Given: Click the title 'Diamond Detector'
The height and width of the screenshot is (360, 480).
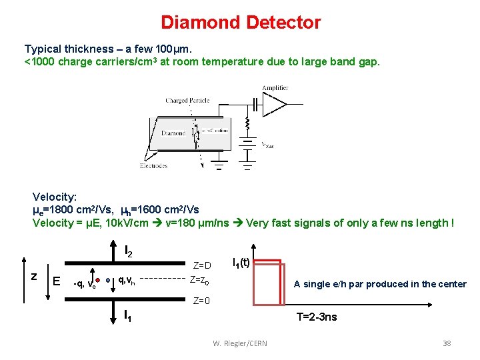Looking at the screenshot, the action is tap(241, 23).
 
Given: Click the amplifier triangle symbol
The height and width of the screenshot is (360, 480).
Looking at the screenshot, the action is tap(275, 104).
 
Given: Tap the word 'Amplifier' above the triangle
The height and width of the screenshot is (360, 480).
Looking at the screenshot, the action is tap(275, 88).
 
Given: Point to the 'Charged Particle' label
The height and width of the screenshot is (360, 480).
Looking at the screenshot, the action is tap(187, 101).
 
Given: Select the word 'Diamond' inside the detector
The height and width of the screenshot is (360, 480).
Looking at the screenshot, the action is tap(173, 133).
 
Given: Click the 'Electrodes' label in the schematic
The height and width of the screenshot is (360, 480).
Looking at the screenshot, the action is tap(154, 165).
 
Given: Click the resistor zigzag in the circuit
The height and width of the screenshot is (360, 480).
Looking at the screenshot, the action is tap(247, 124).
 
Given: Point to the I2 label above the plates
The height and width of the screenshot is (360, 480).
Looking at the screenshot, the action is tap(129, 252).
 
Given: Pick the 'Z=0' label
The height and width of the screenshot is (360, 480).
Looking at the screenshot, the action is tap(201, 301).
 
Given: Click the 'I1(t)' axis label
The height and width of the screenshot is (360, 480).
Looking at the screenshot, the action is tap(241, 263).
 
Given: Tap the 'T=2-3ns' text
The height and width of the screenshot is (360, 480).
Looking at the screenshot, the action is tap(317, 317).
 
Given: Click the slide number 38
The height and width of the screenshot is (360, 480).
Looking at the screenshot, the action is tap(447, 343).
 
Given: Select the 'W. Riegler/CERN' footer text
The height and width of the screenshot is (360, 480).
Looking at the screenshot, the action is tap(240, 343).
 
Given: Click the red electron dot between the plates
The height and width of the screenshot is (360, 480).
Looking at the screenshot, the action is tap(97, 280).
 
